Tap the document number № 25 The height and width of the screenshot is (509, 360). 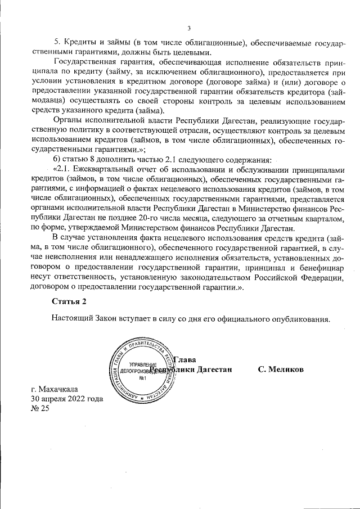pyautogui.click(x=40, y=409)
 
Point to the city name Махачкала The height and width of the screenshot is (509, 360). pyautogui.click(x=59, y=389)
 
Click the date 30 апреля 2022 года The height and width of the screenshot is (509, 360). pyautogui.click(x=66, y=399)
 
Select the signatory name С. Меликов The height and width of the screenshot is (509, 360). pyautogui.click(x=280, y=370)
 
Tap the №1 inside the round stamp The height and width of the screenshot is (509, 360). pyautogui.click(x=142, y=377)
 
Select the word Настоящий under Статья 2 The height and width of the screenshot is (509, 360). pyautogui.click(x=71, y=319)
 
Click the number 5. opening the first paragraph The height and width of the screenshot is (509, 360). pyautogui.click(x=57, y=43)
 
